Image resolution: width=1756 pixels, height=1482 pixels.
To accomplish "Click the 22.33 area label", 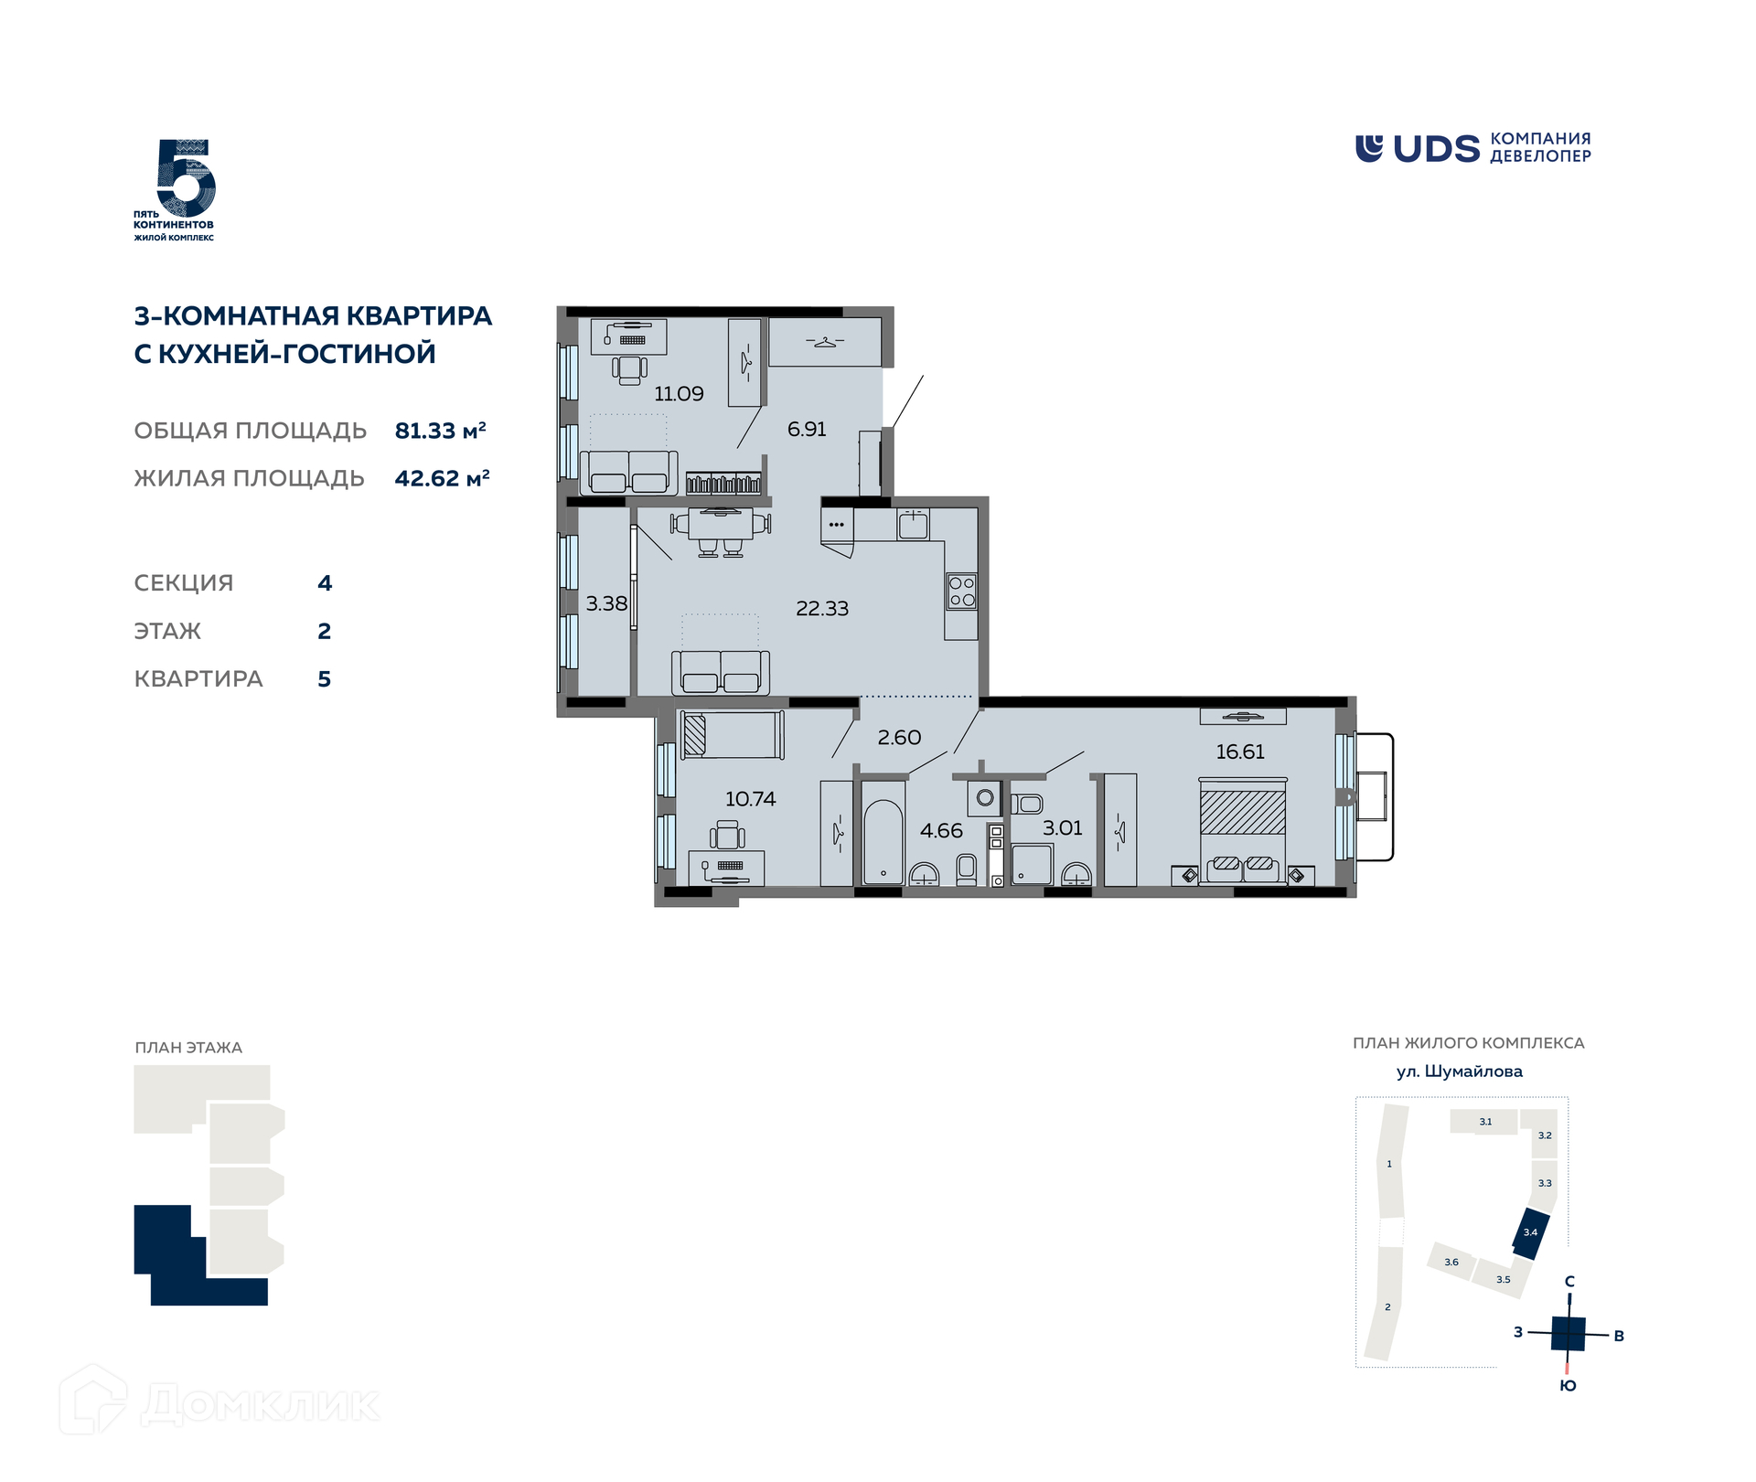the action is coord(822,609).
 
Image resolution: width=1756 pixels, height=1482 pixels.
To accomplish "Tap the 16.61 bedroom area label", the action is coord(1240,752).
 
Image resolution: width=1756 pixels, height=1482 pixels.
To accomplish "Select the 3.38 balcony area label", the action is coord(606,604).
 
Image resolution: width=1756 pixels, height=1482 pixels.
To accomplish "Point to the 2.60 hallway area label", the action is coord(899,738).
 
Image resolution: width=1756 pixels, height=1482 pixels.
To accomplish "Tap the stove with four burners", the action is coord(961,592).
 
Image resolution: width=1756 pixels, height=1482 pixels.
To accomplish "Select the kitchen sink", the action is coord(913,525).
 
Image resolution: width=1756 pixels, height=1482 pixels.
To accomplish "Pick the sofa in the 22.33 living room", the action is coord(721,673).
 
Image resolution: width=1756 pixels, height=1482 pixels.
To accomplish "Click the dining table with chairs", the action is coord(721,531).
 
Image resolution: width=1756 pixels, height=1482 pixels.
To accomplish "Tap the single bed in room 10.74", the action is coord(733,735).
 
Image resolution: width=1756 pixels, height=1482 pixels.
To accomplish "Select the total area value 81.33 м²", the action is coord(440,430).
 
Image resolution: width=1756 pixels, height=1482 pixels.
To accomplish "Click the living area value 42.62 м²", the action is coord(442,478).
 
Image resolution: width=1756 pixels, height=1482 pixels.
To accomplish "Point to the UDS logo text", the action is coord(1436,149).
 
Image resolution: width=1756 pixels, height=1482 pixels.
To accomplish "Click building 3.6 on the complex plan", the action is coord(1451,1262).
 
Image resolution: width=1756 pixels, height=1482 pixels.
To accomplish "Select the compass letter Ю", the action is coord(1568,1386).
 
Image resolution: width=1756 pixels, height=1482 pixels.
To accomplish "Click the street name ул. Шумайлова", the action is coord(1460,1072).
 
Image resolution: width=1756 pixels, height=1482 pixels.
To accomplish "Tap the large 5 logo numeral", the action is coord(186,178).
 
